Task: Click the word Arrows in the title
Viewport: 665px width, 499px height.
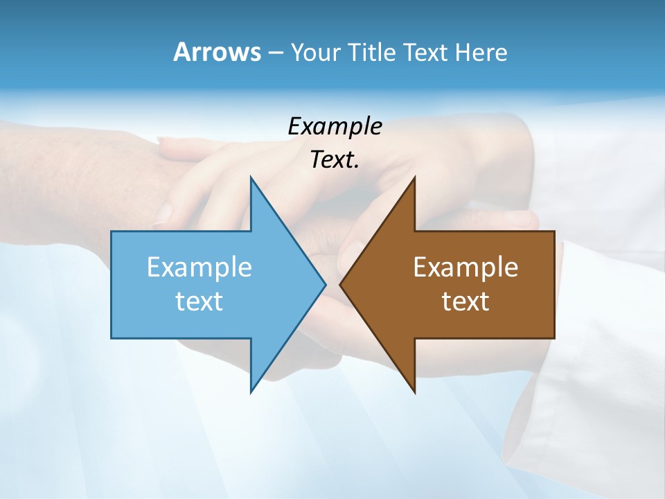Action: [x=217, y=52]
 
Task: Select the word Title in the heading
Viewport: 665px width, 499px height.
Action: [x=371, y=52]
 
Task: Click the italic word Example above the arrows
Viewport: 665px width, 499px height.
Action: [x=335, y=126]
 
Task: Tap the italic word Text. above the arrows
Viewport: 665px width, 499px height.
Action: [x=335, y=159]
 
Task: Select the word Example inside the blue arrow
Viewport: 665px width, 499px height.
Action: [x=199, y=268]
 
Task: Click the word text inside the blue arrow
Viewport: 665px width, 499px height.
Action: [x=199, y=301]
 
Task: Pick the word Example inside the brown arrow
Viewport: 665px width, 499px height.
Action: [x=465, y=268]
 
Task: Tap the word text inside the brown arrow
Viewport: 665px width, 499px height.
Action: [x=465, y=301]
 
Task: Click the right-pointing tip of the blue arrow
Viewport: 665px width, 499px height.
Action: [x=326, y=284]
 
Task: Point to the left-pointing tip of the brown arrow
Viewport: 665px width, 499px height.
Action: [x=340, y=284]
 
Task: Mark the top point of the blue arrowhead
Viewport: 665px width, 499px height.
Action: [x=251, y=177]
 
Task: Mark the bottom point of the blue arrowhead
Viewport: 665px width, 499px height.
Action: [x=251, y=392]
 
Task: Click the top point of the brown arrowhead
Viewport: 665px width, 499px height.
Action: [x=414, y=177]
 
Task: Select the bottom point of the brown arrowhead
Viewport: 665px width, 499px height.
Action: [x=414, y=392]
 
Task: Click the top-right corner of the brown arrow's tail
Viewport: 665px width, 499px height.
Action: [x=554, y=231]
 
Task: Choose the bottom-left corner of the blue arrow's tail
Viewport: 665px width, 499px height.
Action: [x=112, y=338]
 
